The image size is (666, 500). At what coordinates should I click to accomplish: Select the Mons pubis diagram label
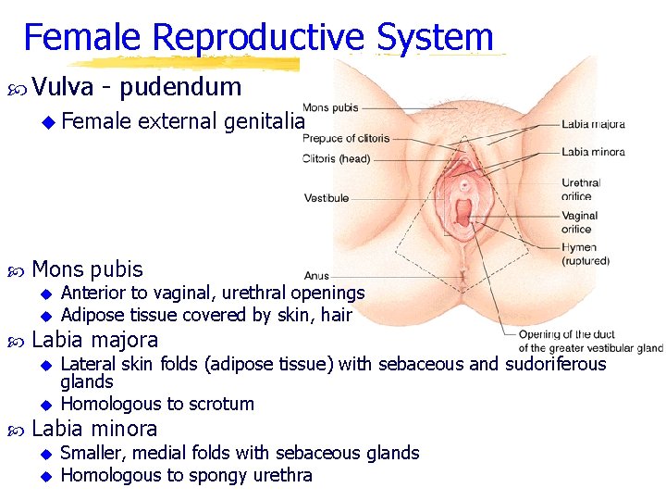click(330, 107)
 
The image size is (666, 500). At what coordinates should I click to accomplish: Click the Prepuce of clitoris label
click(346, 139)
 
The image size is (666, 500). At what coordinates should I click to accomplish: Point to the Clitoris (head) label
click(336, 158)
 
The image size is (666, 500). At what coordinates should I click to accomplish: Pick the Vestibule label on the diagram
click(326, 198)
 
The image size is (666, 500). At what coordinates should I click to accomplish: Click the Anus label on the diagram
click(315, 275)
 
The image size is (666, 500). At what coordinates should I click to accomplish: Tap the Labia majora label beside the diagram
click(593, 124)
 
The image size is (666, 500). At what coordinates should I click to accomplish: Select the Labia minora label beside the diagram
click(593, 152)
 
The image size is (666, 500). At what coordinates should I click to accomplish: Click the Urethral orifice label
click(580, 189)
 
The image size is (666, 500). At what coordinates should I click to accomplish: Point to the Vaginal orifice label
click(579, 222)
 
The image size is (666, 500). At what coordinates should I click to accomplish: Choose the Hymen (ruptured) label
click(585, 254)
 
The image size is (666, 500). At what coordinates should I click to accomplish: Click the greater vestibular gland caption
click(590, 342)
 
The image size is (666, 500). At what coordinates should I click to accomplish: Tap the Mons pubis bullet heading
click(87, 269)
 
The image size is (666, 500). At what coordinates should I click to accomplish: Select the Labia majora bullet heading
click(94, 340)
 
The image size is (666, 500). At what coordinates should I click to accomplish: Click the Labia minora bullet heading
click(94, 429)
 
